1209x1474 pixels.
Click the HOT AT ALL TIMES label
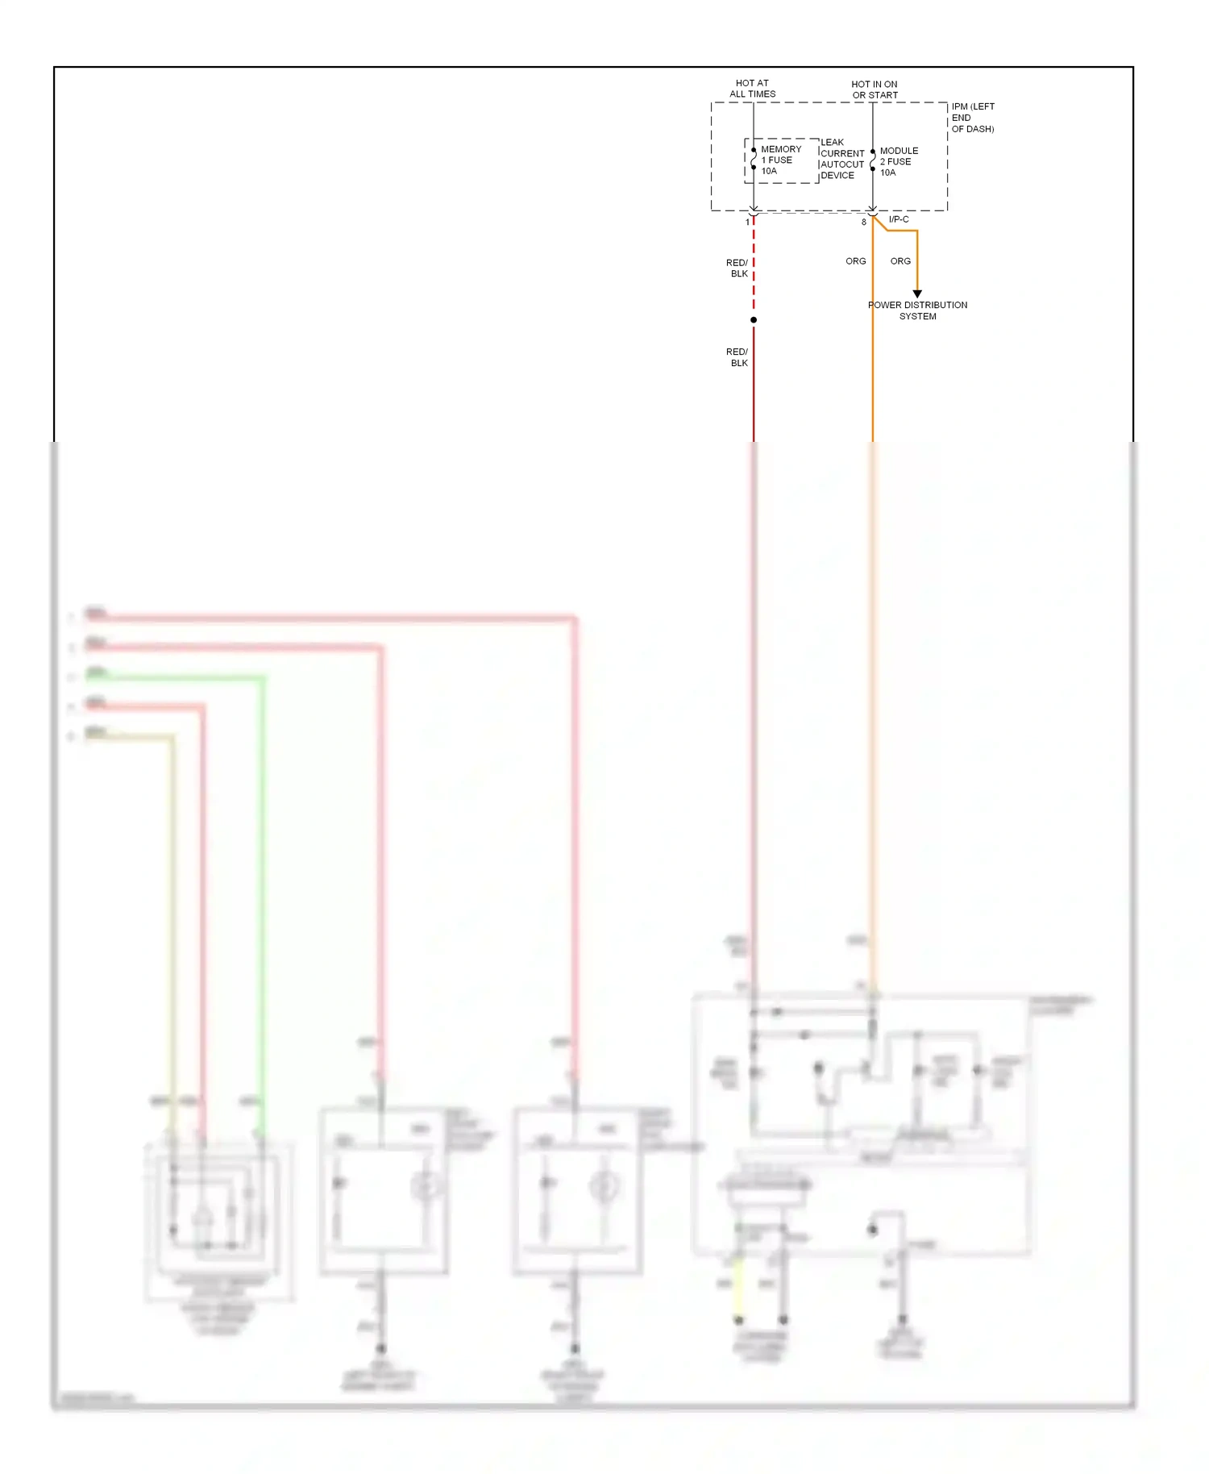tap(752, 89)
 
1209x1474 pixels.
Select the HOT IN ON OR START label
tap(875, 90)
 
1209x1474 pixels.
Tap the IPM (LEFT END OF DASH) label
tap(973, 118)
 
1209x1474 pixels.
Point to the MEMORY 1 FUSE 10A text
tap(780, 160)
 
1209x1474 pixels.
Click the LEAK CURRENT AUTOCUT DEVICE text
tap(842, 159)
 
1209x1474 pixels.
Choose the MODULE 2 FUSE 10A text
tap(898, 161)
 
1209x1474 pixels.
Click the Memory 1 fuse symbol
tap(754, 160)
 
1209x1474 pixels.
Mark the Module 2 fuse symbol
tap(873, 160)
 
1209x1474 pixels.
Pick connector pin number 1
tap(747, 222)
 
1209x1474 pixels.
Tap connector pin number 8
tap(863, 222)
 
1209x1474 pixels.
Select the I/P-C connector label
tap(899, 219)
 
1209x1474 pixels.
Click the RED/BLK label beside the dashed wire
tap(737, 269)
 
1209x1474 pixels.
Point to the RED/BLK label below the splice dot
tap(737, 357)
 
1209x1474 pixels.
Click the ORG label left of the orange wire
tap(855, 261)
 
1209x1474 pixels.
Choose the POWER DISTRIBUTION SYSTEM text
tap(917, 310)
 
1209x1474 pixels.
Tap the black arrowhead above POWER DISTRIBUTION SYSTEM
tap(917, 294)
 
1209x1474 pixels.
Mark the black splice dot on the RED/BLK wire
tap(754, 320)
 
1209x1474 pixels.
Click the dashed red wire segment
tap(754, 266)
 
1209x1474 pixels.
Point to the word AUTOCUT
tap(842, 164)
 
